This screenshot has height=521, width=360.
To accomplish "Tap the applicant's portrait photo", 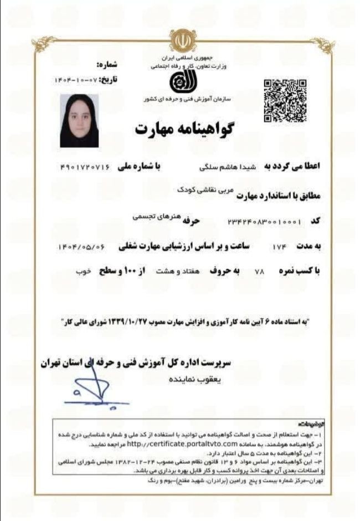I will tap(79, 120).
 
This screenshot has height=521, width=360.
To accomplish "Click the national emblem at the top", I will tap(179, 40).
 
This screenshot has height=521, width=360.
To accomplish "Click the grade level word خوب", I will tap(83, 272).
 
